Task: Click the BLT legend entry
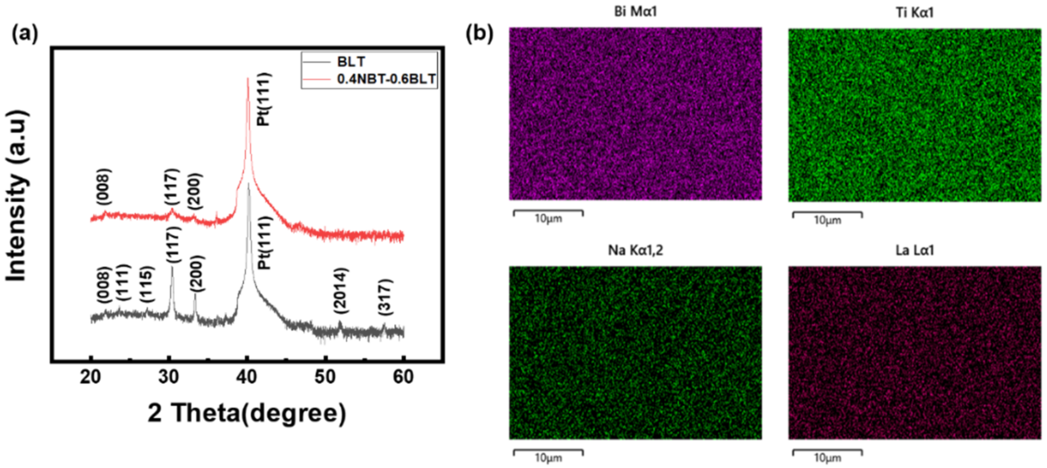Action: [x=351, y=62]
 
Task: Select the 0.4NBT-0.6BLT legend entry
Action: [x=386, y=79]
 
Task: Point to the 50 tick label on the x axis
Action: [x=325, y=377]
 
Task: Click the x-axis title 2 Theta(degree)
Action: [x=247, y=413]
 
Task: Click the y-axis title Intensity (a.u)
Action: [x=17, y=195]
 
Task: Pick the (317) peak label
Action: [x=385, y=297]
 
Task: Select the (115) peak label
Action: [x=146, y=284]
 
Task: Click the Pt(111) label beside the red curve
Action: [x=264, y=100]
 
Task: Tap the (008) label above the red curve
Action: [x=103, y=187]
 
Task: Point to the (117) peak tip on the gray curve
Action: [x=172, y=267]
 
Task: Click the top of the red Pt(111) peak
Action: [x=248, y=79]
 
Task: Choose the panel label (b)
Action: [x=479, y=33]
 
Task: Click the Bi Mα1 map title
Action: [x=635, y=12]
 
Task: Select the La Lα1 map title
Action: [x=915, y=250]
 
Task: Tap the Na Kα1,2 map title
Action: [x=635, y=250]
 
